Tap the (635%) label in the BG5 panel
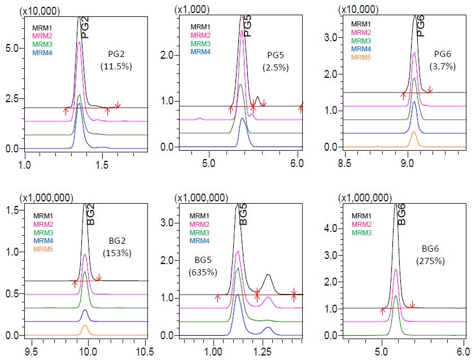pos(202,273)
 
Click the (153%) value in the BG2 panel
pos(117,253)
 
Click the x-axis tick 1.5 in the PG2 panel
pos(102,164)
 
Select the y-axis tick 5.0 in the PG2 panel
pos(10,49)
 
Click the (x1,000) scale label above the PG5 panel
pos(192,10)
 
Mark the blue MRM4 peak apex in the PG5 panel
pos(242,119)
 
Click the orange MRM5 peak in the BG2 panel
pos(85,326)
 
